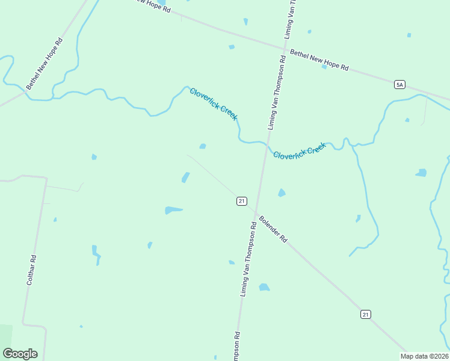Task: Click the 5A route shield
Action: click(399, 85)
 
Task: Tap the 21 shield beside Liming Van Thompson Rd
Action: click(241, 201)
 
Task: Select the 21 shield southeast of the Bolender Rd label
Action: click(366, 314)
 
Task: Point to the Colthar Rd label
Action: click(32, 270)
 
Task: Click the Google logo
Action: click(20, 354)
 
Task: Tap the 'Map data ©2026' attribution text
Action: click(424, 356)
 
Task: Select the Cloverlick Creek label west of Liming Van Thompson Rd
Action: click(214, 103)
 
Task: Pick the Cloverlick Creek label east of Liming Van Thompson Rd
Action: click(300, 150)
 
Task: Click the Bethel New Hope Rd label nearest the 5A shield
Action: click(319, 60)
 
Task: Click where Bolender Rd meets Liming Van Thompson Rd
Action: click(256, 212)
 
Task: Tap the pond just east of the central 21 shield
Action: click(281, 193)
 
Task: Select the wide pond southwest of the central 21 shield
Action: click(173, 210)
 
